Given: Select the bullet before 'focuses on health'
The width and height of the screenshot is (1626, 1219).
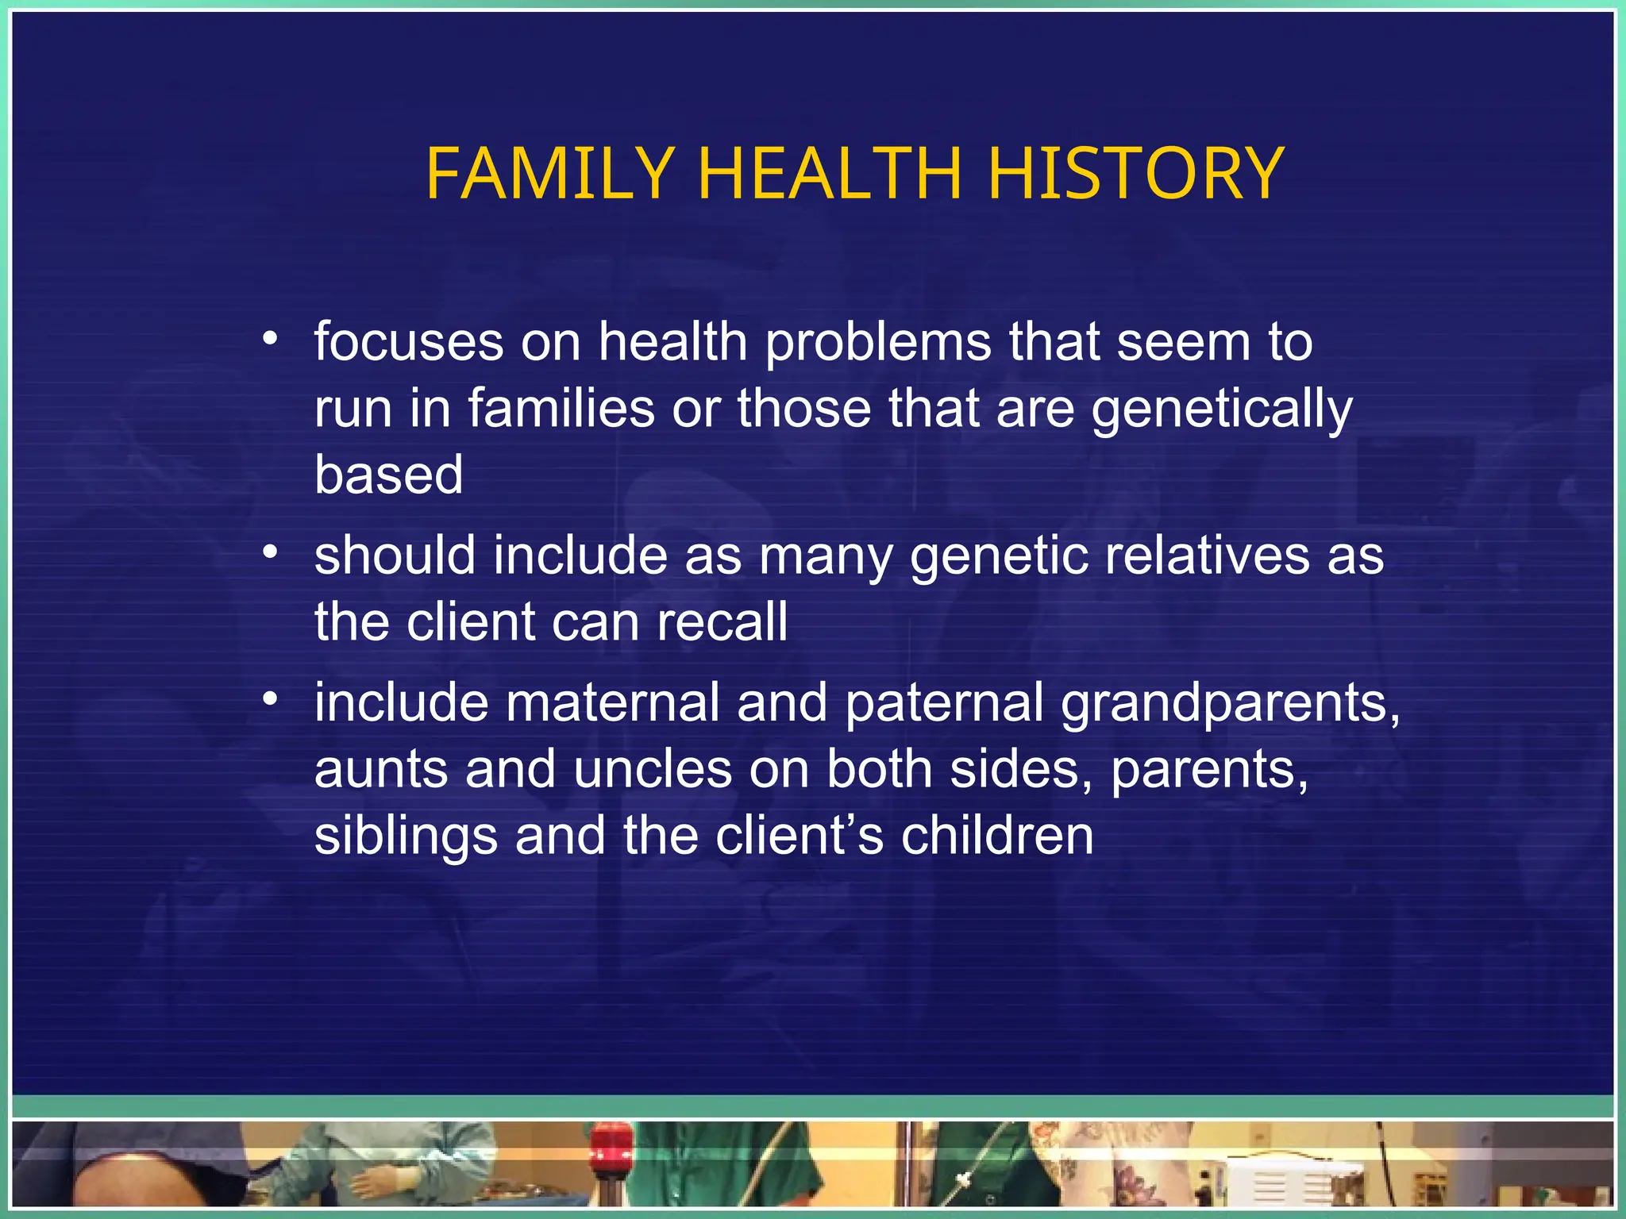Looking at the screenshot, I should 271,340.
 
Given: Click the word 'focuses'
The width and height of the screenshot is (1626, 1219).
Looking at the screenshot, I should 408,343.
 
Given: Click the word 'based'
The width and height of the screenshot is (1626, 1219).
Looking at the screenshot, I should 388,475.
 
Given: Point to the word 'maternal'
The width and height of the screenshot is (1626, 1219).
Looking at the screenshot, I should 612,703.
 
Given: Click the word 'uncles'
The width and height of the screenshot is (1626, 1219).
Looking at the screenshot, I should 652,770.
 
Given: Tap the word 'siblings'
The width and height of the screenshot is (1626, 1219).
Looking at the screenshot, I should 406,838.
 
